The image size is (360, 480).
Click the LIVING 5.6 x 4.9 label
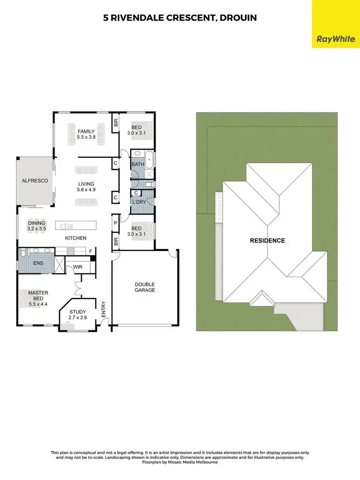pyautogui.click(x=86, y=187)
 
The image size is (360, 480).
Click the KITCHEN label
pyautogui.click(x=76, y=238)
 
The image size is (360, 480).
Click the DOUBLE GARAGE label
pyautogui.click(x=144, y=287)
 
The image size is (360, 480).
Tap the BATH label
pyautogui.click(x=138, y=164)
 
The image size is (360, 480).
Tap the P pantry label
pyautogui.click(x=116, y=223)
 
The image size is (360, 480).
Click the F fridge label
pyautogui.click(x=90, y=251)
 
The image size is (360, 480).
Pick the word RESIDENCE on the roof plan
pyautogui.click(x=267, y=240)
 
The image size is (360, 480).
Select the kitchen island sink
pyautogui.click(x=63, y=226)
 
